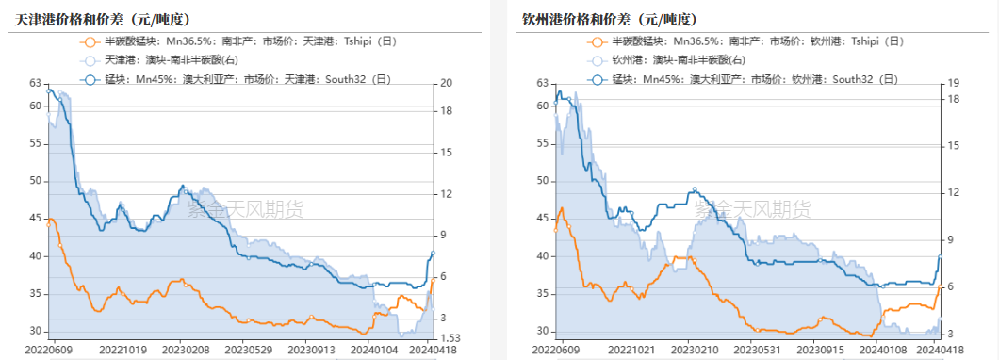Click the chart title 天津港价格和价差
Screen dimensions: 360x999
[x=89, y=19]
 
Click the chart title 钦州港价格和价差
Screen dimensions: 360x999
[x=596, y=19]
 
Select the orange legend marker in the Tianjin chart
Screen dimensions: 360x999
[x=90, y=41]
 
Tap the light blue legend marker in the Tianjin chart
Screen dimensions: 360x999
[x=90, y=60]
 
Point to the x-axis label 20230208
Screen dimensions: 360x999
[x=190, y=349]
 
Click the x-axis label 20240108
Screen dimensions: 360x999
[x=885, y=349]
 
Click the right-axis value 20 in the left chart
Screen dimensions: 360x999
[x=448, y=83]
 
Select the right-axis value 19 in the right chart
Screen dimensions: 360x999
[x=953, y=83]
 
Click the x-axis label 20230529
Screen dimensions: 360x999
[x=254, y=349]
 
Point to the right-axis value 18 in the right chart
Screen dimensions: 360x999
[x=953, y=98]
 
